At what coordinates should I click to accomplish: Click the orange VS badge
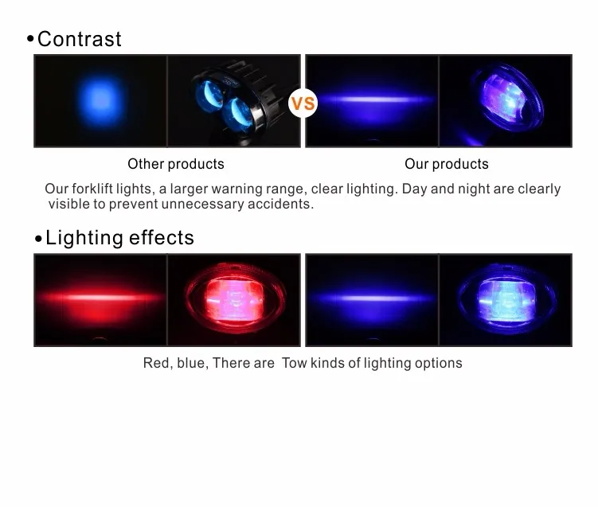[303, 103]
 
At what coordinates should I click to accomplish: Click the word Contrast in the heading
[80, 39]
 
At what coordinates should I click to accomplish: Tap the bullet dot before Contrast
[30, 38]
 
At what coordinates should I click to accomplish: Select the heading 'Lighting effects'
[119, 237]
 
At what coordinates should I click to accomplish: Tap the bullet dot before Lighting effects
[38, 239]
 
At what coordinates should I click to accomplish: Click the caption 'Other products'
[176, 164]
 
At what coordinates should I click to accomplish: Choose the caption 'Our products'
[447, 164]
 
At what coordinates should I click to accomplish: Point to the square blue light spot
[101, 100]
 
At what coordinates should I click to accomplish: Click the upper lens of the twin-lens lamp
[209, 96]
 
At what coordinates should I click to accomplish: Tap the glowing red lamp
[236, 298]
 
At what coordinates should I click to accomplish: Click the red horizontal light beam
[100, 298]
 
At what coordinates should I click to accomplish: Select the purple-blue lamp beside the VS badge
[506, 99]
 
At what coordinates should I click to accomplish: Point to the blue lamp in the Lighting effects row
[506, 299]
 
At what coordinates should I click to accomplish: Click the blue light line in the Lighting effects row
[372, 298]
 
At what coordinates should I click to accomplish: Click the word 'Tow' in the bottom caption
[294, 363]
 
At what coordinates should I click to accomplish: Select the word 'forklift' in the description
[92, 189]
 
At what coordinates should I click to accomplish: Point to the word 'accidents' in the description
[280, 204]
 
